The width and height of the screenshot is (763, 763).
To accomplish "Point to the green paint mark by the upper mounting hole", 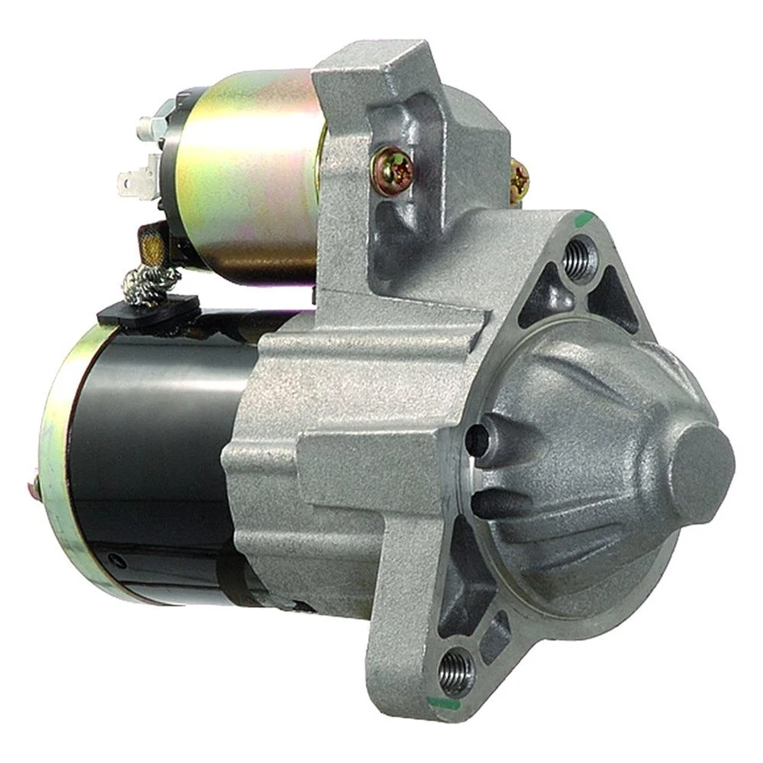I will point(586,215).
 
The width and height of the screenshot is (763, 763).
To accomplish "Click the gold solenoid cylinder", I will point(246,167).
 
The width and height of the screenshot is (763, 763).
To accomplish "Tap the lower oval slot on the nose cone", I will point(498,503).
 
